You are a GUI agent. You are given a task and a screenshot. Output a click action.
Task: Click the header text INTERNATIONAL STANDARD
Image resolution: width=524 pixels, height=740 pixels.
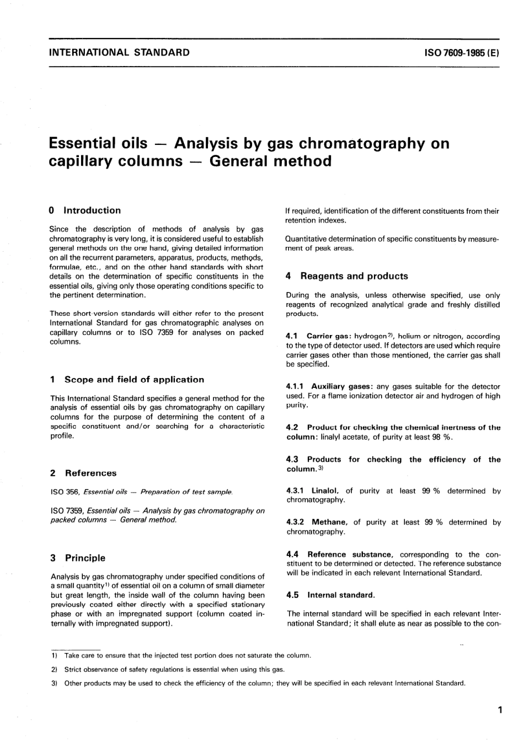coord(119,53)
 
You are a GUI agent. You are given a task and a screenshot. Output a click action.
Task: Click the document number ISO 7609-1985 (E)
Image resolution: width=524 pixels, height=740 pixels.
coord(462,53)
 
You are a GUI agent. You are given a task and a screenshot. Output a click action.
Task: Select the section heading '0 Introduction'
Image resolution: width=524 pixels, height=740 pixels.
coord(85,210)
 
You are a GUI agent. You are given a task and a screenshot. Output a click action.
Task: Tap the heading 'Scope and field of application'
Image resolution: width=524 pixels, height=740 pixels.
coord(134,380)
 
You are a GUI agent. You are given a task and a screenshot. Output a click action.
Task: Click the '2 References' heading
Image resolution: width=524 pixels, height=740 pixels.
coord(83,473)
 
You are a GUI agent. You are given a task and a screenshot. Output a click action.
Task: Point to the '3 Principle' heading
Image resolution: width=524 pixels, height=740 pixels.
coord(78,558)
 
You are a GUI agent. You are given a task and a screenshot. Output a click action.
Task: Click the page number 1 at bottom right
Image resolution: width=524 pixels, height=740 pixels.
coord(500,710)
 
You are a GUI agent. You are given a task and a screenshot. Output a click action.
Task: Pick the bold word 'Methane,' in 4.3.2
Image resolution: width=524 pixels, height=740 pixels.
coord(329,522)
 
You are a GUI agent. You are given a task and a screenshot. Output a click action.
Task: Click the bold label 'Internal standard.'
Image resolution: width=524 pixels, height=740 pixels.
coord(341,595)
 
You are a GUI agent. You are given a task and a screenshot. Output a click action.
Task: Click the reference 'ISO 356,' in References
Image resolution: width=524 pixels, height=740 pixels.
coord(67,491)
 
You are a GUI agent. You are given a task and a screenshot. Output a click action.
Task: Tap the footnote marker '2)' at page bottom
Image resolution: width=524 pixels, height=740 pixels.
coord(54,669)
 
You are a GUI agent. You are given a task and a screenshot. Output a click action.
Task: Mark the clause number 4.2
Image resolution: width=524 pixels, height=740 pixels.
coord(292,427)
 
